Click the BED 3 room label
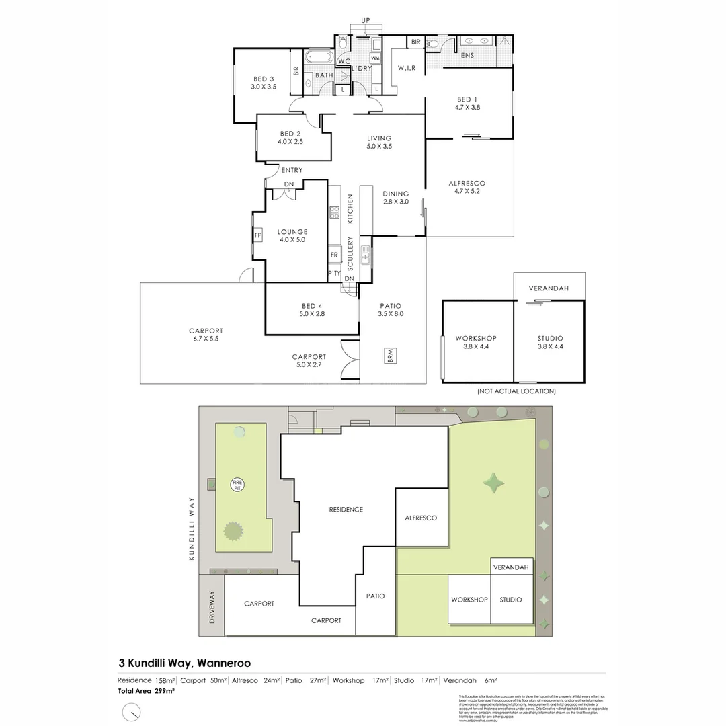(x=264, y=78)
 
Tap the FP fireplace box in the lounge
(x=257, y=235)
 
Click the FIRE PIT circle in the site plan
(x=237, y=485)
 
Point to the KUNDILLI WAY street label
(x=191, y=518)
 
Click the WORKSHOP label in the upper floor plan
(x=476, y=338)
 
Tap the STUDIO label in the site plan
(x=511, y=600)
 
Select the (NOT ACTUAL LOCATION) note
(x=516, y=391)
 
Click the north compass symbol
(x=132, y=711)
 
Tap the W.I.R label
(x=407, y=68)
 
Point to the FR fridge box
(x=334, y=255)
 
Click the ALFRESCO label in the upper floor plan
(x=467, y=183)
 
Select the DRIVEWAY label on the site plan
(x=212, y=608)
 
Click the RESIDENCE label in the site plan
(x=346, y=510)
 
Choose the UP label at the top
(x=366, y=20)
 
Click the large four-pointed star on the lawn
(x=495, y=483)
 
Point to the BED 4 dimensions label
(x=312, y=313)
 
